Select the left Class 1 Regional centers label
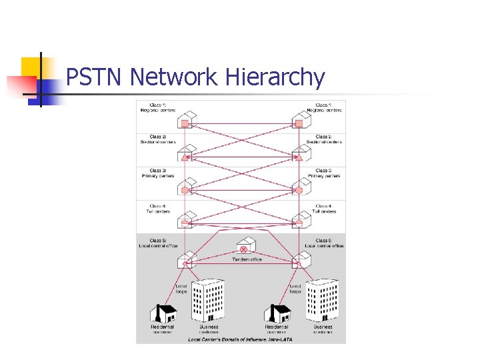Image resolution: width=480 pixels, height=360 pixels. pyautogui.click(x=158, y=107)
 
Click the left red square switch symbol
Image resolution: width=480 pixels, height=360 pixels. pyautogui.click(x=185, y=123)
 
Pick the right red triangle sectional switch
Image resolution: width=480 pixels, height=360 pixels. pyautogui.click(x=299, y=157)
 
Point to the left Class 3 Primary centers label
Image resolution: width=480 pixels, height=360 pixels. pyautogui.click(x=158, y=173)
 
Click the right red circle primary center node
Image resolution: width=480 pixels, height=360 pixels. pyautogui.click(x=299, y=190)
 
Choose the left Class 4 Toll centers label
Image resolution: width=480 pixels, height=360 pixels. pyautogui.click(x=158, y=209)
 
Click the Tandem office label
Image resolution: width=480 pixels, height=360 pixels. pyautogui.click(x=247, y=259)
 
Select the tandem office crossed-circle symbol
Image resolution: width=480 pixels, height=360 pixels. pyautogui.click(x=244, y=249)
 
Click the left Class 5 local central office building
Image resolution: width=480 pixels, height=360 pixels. pyautogui.click(x=187, y=258)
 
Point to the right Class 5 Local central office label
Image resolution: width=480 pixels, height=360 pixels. pyautogui.click(x=325, y=243)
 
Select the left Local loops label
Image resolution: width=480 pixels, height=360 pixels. pyautogui.click(x=181, y=289)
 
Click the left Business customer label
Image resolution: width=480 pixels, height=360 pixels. pyautogui.click(x=208, y=329)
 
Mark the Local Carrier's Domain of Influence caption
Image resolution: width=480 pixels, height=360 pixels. pyautogui.click(x=240, y=339)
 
